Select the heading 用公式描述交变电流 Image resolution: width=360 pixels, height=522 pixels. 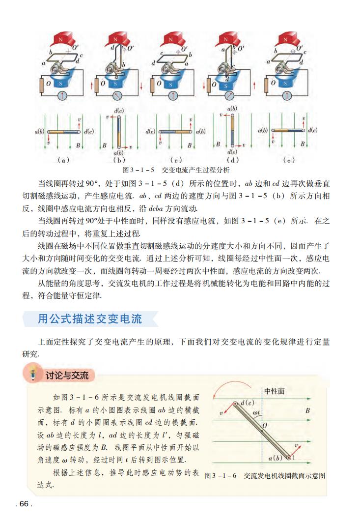click(x=90, y=319)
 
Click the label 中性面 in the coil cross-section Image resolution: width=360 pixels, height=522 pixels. click(x=275, y=391)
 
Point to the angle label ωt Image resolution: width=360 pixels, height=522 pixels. click(x=256, y=413)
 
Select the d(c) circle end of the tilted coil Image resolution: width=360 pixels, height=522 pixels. click(x=237, y=404)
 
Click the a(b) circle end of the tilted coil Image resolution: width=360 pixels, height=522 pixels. click(x=289, y=458)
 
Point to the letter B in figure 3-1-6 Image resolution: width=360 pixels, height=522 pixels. click(x=307, y=409)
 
